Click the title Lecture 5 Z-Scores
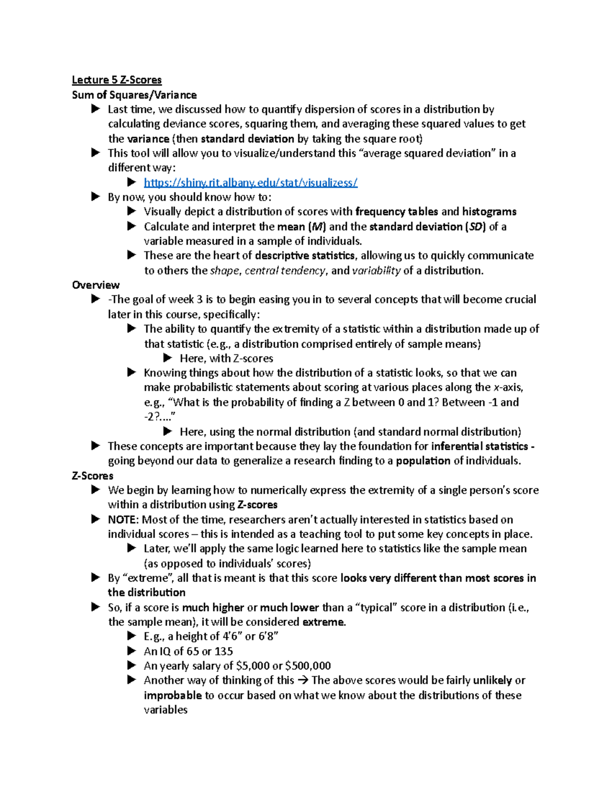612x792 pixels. point(116,80)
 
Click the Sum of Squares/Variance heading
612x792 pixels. point(134,95)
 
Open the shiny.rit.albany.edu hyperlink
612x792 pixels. point(250,183)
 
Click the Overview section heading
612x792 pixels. point(96,285)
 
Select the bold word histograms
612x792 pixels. point(489,212)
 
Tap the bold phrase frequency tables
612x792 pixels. point(396,212)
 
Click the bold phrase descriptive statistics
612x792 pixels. point(304,256)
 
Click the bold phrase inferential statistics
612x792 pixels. point(479,446)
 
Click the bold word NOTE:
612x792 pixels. point(123,520)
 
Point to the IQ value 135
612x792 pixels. point(223,651)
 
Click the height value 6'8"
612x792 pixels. point(268,636)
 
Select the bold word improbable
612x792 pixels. point(172,696)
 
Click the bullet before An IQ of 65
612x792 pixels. point(132,651)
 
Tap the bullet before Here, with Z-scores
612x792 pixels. point(168,359)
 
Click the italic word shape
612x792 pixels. point(224,271)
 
